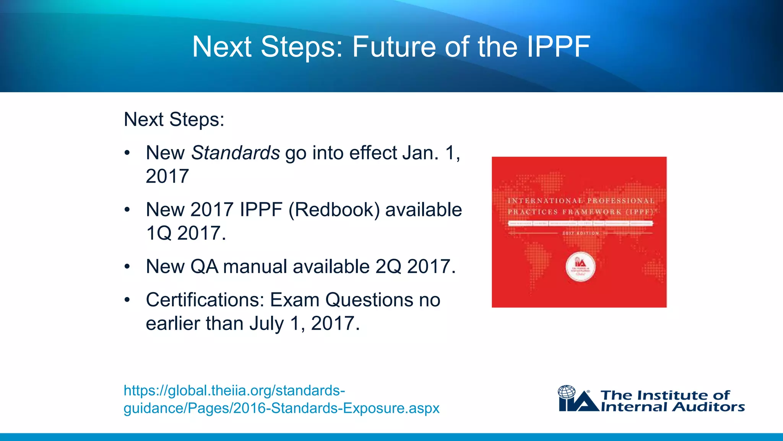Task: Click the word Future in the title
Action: click(x=394, y=47)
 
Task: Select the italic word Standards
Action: click(x=236, y=153)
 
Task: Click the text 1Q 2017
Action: click(x=186, y=233)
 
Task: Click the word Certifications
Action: click(x=205, y=300)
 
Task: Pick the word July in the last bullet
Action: click(x=266, y=323)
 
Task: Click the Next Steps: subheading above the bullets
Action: click(x=174, y=119)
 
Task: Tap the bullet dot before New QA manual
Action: click(x=127, y=267)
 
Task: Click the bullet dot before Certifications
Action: click(x=127, y=300)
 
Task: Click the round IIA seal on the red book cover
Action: click(x=580, y=266)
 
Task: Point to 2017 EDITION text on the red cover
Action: click(x=580, y=233)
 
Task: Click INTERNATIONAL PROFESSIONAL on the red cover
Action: click(x=580, y=201)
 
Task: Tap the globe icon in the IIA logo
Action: click(x=567, y=392)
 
